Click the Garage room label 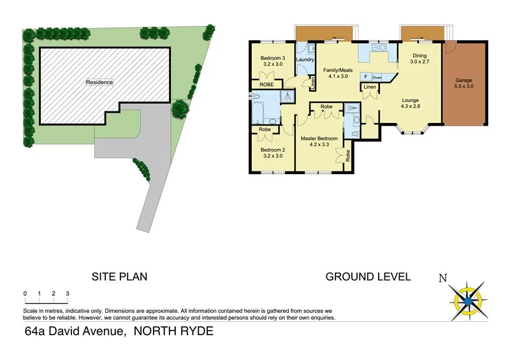[x=463, y=81]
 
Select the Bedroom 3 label [x=272, y=59]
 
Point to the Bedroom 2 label [x=272, y=150]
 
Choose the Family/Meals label [x=337, y=70]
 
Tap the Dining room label [x=419, y=55]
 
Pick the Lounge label [x=410, y=100]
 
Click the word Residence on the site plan [x=99, y=82]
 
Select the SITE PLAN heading [x=120, y=277]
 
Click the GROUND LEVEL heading [x=368, y=277]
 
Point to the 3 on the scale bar [x=68, y=294]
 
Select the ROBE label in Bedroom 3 [x=266, y=85]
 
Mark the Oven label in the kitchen [x=377, y=77]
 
